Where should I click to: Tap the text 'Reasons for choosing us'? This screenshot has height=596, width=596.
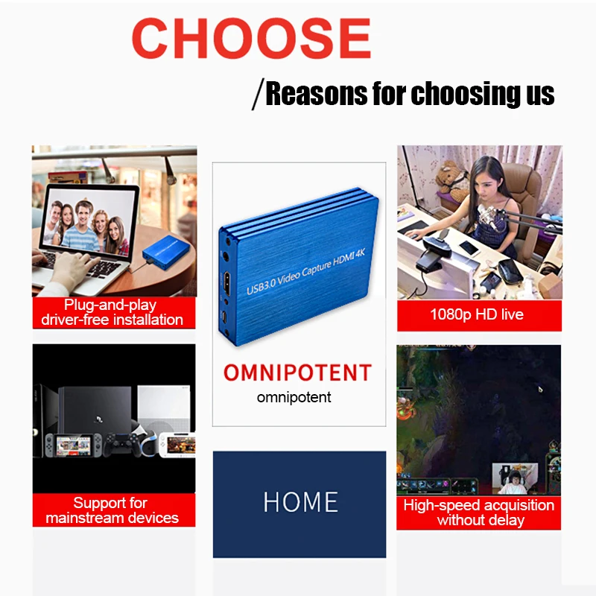click(x=410, y=95)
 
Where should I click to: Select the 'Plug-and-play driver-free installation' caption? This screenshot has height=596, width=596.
click(x=112, y=312)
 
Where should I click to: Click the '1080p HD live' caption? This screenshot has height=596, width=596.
click(x=477, y=314)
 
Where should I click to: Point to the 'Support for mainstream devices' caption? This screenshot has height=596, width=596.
click(x=112, y=510)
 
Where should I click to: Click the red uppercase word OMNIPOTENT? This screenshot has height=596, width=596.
click(x=297, y=372)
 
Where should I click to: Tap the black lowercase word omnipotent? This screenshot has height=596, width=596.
click(x=294, y=397)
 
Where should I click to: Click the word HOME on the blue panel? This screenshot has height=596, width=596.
click(x=300, y=502)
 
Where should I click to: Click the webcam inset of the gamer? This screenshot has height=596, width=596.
click(x=514, y=478)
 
